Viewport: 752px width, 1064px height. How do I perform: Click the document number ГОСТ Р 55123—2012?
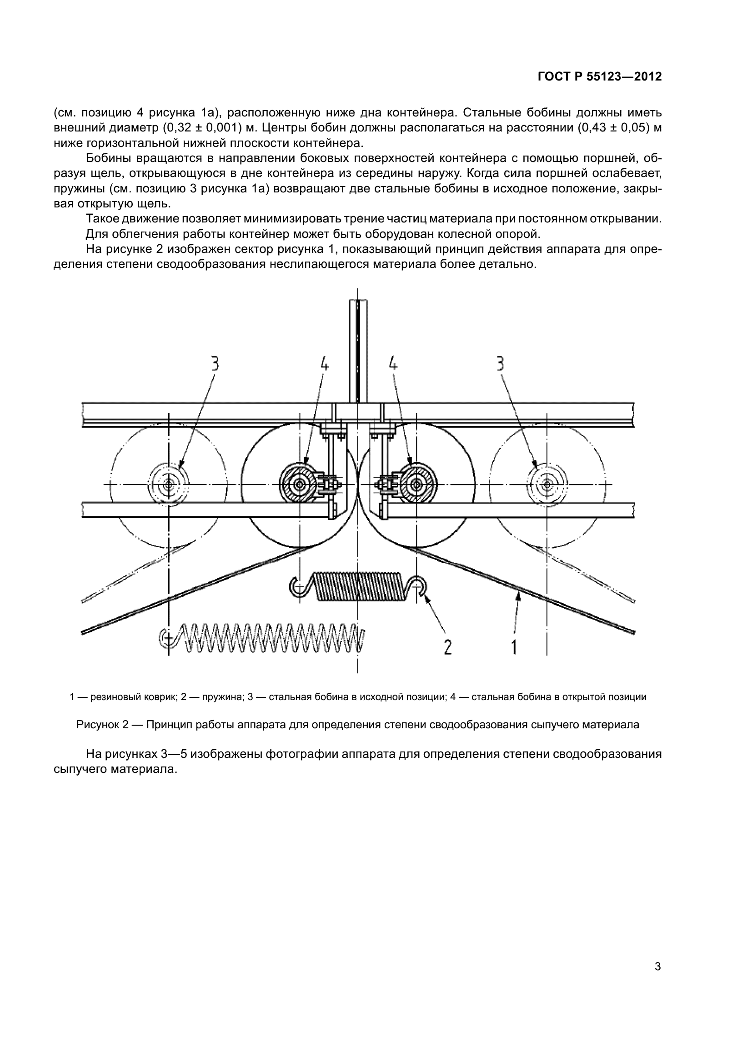(600, 77)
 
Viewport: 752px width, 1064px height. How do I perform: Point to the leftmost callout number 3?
(216, 363)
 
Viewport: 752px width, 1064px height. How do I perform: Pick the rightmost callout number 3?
(501, 363)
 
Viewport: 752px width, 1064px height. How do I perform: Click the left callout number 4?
(325, 363)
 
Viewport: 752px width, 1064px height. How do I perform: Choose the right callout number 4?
(393, 363)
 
